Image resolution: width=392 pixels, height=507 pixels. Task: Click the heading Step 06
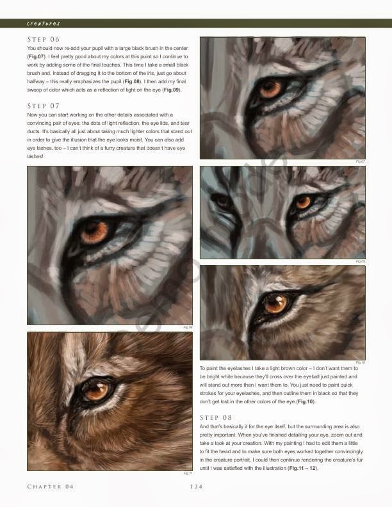point(43,40)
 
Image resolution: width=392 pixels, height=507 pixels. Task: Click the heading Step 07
point(43,105)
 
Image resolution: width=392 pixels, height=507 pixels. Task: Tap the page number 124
point(197,487)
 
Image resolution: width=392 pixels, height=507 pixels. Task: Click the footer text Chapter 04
point(51,487)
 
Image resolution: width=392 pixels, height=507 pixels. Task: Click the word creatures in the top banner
point(44,23)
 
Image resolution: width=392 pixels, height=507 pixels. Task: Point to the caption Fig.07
point(360,161)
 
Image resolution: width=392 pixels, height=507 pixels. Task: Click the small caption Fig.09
point(360,261)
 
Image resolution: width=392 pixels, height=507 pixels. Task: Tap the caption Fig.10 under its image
point(360,362)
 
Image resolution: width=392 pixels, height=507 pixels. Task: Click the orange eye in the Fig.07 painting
point(270,88)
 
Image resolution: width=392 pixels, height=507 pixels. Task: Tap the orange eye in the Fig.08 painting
point(94,232)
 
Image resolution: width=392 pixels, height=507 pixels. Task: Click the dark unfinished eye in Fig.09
point(222,201)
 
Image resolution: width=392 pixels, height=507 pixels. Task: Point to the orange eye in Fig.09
point(302,203)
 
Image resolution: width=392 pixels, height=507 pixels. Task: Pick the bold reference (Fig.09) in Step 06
point(171,90)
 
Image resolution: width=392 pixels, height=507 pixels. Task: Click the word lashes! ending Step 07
point(36,156)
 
